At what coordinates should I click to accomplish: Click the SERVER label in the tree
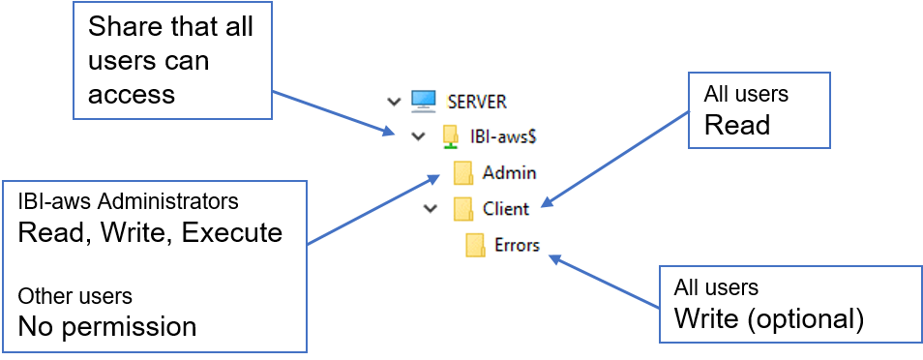pos(477,102)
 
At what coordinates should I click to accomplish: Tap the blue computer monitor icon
pos(423,101)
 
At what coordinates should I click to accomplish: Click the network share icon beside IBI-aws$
pos(451,136)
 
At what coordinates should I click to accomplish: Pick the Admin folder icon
pos(463,173)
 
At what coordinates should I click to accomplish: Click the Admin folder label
pos(509,173)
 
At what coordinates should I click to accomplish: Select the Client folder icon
pos(463,209)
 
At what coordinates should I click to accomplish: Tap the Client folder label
pos(506,209)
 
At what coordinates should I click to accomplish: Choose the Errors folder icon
pos(475,245)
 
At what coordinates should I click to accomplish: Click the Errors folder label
pos(517,245)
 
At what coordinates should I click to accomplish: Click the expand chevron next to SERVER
pos(394,102)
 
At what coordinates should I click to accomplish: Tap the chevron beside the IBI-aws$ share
pos(418,136)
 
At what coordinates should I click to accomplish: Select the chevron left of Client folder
pos(431,209)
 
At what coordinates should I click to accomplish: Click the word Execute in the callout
pos(232,232)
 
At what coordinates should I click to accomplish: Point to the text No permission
pos(107,326)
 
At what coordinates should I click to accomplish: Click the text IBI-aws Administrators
pos(129,201)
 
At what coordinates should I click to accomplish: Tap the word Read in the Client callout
pos(737,125)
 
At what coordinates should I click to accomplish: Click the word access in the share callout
pos(132,94)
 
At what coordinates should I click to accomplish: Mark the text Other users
pos(75,296)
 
